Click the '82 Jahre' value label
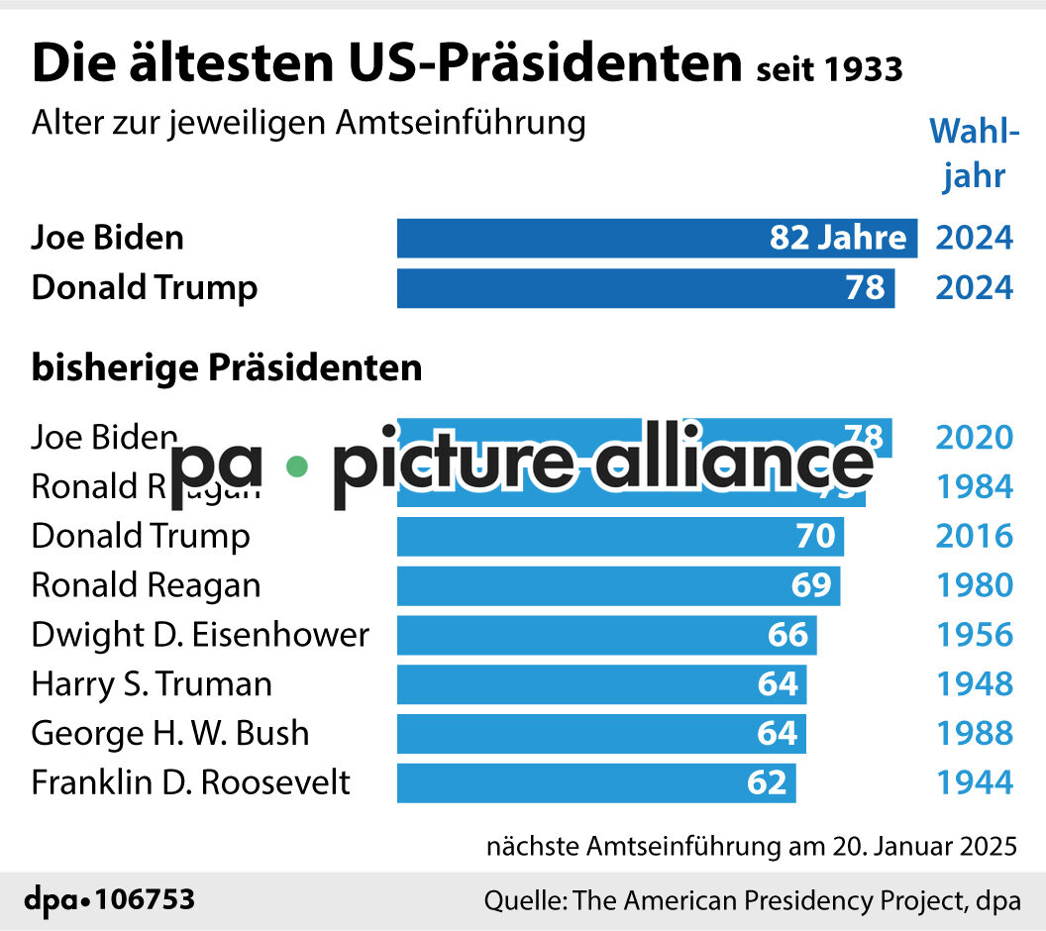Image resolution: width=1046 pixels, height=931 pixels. coord(838,238)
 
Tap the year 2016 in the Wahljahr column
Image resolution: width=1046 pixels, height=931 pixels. coord(975,536)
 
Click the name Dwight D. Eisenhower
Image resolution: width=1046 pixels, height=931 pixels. coord(200,635)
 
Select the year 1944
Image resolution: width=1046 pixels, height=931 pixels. coord(975,783)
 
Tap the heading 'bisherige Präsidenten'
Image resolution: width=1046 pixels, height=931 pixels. coord(227,367)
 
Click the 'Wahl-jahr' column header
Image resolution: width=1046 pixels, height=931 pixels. coord(974,154)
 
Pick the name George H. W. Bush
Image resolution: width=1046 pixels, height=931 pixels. coord(170,734)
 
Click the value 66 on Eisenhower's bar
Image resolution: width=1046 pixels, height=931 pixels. coord(787,635)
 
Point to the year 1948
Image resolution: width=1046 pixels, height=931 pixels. coord(975,684)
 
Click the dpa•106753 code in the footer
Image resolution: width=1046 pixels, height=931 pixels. coord(109,900)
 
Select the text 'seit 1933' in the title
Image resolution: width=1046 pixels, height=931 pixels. coord(828,69)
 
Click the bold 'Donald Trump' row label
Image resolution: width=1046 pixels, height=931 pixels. coord(145,288)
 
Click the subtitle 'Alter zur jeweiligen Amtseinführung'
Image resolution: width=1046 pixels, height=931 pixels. coord(308,124)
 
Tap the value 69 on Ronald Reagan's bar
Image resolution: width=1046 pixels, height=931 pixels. coord(810,585)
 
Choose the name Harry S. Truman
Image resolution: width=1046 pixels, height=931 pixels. coord(152,684)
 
